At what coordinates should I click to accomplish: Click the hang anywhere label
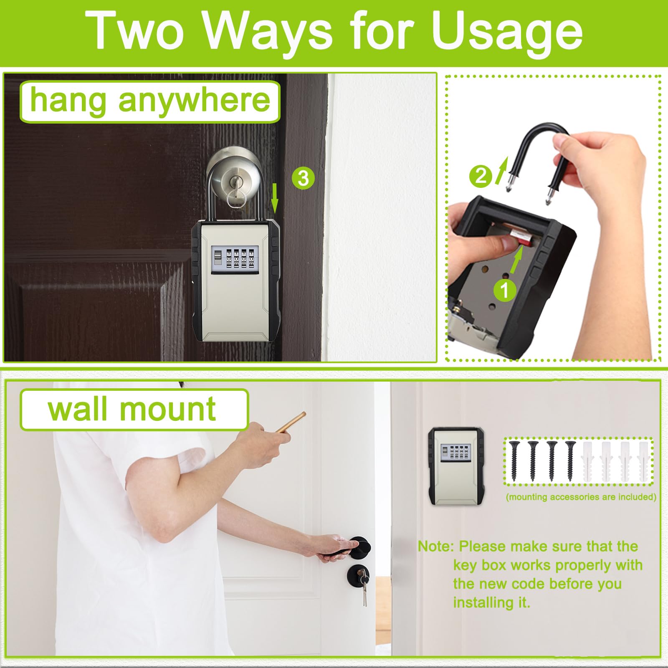pyautogui.click(x=150, y=101)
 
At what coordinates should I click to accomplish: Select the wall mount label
pyautogui.click(x=134, y=410)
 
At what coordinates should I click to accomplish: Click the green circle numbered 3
pyautogui.click(x=303, y=178)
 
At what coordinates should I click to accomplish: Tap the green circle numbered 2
pyautogui.click(x=481, y=176)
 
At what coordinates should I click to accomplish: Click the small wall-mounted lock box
pyautogui.click(x=456, y=466)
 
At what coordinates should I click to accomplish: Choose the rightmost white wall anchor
pyautogui.click(x=643, y=461)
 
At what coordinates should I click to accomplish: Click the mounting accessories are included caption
pyautogui.click(x=581, y=497)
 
